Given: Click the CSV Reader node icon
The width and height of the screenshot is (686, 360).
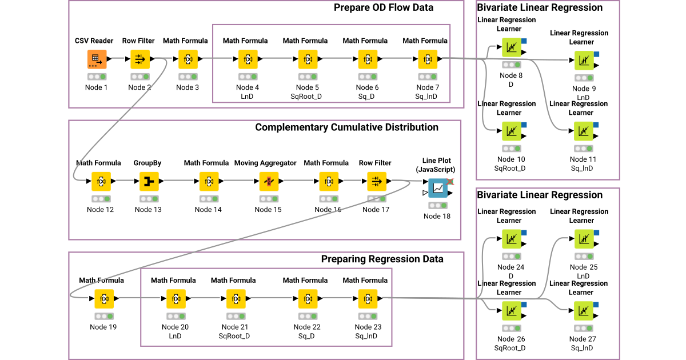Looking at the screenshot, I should (97, 58).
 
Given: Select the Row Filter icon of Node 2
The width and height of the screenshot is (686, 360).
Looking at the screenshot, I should (140, 58).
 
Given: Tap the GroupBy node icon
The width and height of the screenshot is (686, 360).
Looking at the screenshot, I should (148, 181).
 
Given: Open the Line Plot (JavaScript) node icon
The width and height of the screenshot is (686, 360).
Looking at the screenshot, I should (438, 187).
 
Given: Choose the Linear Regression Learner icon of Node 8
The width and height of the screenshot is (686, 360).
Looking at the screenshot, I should (511, 47).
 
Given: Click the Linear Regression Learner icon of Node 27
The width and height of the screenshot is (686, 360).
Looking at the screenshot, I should (584, 311).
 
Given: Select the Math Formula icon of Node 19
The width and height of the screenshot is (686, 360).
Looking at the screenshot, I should (104, 298).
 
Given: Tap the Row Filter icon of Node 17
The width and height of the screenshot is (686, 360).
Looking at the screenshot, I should (376, 181).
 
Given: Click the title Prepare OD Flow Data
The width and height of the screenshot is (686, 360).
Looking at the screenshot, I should (384, 7).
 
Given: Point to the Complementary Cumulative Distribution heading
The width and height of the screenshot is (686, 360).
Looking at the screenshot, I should (346, 127).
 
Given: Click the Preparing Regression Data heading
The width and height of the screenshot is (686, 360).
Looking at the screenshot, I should (382, 259).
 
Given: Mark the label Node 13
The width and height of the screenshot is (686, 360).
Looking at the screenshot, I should (148, 209).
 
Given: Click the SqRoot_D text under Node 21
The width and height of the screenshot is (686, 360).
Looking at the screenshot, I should (234, 336).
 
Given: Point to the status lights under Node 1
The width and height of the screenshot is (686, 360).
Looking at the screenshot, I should (97, 77).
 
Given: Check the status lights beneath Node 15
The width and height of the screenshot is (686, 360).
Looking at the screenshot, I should (268, 199).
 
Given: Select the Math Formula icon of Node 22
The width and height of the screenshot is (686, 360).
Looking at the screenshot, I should (307, 298).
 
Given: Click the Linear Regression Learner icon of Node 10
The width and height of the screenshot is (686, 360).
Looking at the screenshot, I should (511, 131).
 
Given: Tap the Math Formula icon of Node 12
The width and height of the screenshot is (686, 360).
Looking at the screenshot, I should (101, 181).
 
